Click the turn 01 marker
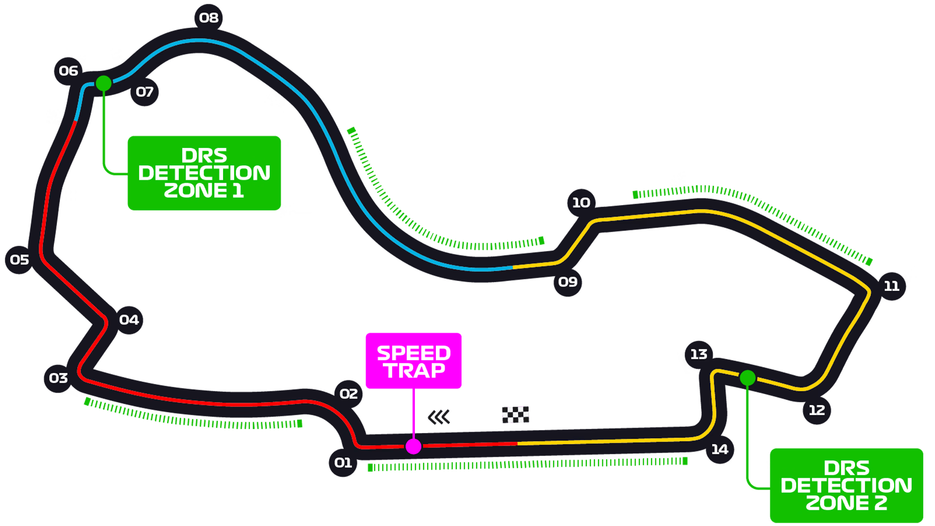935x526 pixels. tap(343, 462)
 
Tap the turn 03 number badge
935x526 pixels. tap(58, 378)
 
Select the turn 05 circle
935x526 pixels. tap(19, 260)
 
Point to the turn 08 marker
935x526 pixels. tap(208, 18)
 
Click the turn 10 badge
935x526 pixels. tap(581, 203)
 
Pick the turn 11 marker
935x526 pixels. tap(892, 286)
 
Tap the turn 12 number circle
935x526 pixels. tap(817, 410)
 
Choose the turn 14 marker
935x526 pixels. tap(720, 450)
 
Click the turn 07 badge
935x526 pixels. tap(145, 92)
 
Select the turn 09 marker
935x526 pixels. tap(568, 282)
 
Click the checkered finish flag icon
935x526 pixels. tap(515, 414)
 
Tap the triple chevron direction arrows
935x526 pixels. tap(439, 417)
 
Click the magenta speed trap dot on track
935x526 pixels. tap(413, 446)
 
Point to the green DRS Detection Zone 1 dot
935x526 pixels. tap(103, 83)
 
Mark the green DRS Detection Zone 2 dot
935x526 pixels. tap(748, 378)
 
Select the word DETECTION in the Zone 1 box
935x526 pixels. tap(204, 173)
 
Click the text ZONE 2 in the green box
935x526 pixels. tap(846, 503)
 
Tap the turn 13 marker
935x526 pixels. tap(699, 355)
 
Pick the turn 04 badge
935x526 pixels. tap(129, 320)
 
